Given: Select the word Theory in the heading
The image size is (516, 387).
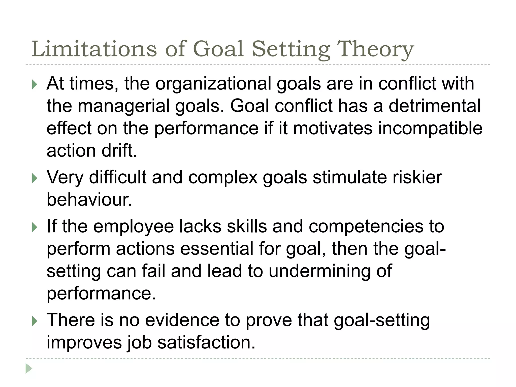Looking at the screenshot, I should coord(375,49).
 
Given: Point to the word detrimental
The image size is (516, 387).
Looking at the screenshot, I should coord(435,106).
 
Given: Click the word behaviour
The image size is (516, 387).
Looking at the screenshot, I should coord(89,200).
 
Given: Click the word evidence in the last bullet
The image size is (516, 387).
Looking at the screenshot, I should coord(182,320).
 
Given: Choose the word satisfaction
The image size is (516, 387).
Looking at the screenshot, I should coord(206,342).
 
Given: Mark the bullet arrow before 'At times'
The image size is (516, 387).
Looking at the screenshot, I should coord(35,85).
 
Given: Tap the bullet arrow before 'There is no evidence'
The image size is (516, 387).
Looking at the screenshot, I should coord(35,321).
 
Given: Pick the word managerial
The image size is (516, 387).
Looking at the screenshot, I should coord(123,106).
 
